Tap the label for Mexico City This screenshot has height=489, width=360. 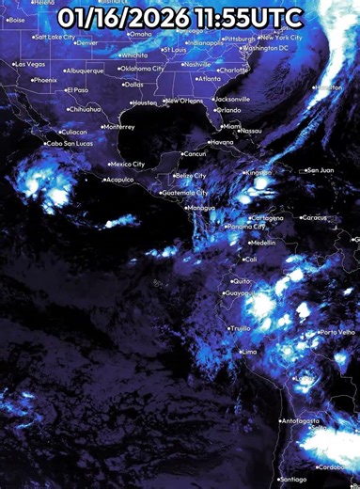pyautogui.click(x=128, y=165)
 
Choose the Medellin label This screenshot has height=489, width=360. pyautogui.click(x=262, y=243)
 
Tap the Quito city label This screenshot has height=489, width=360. pyautogui.click(x=243, y=281)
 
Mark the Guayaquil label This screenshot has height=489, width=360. pyautogui.click(x=241, y=294)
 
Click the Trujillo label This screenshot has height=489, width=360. pyautogui.click(x=240, y=329)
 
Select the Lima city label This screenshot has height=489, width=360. pyautogui.click(x=249, y=352)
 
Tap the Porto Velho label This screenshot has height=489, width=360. pyautogui.click(x=337, y=333)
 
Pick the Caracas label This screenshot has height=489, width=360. pyautogui.click(x=315, y=217)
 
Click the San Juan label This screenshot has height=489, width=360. pyautogui.click(x=320, y=170)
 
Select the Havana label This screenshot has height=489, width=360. pyautogui.click(x=222, y=142)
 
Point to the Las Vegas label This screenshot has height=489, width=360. pyautogui.click(x=30, y=64)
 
